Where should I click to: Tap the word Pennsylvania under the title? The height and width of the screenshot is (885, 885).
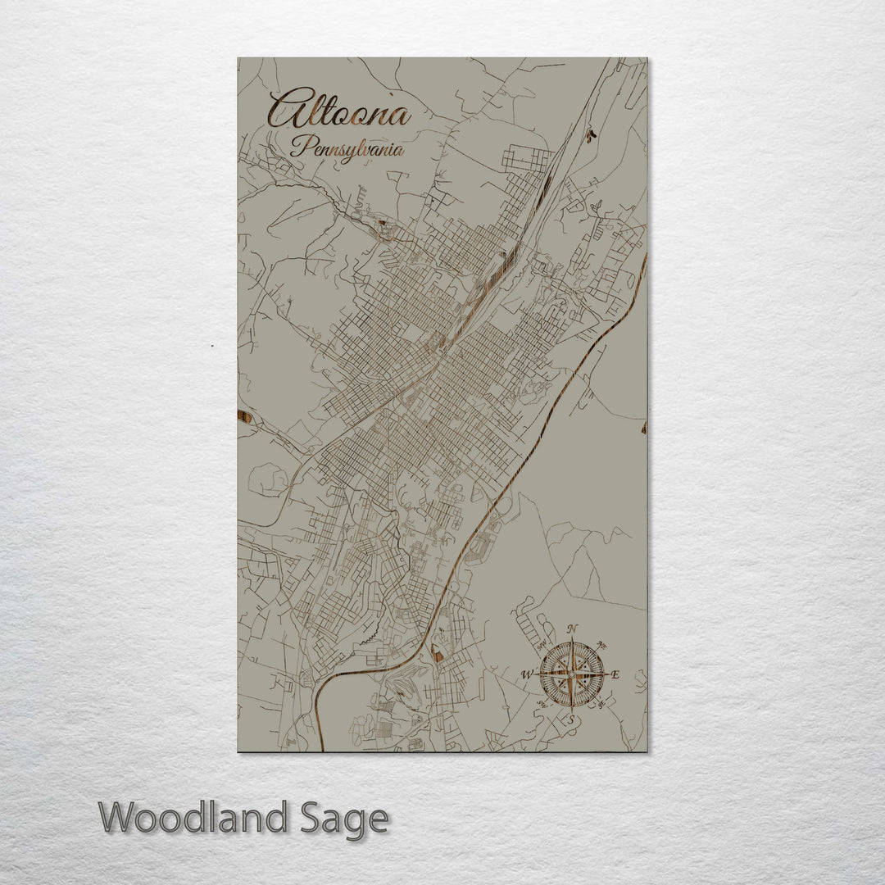coord(349,150)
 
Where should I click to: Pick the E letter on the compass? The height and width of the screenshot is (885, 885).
coord(615,675)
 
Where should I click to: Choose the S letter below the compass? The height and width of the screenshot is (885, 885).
coord(572,719)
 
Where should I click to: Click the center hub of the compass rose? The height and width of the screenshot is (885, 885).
coord(572,674)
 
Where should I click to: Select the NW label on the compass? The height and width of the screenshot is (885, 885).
coord(542,644)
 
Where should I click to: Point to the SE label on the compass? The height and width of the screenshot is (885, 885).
coord(602,705)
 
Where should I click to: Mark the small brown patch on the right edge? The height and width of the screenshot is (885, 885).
coord(644,427)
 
